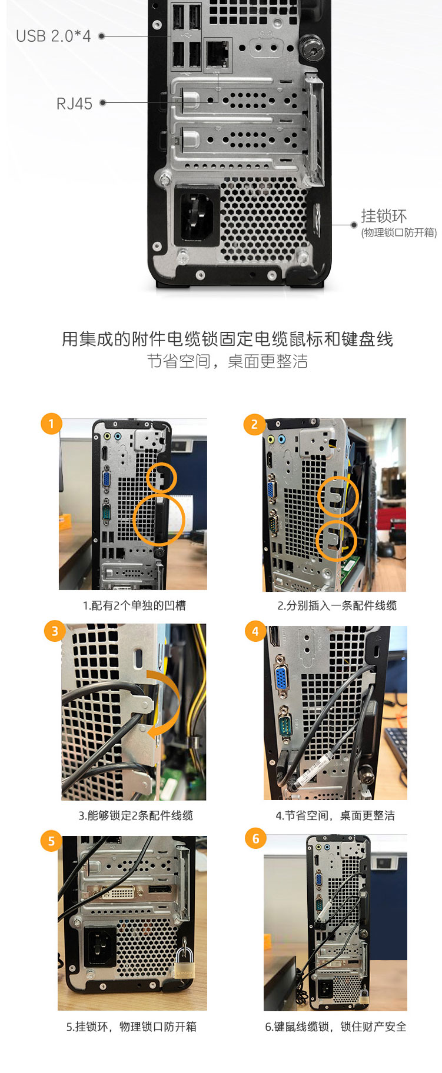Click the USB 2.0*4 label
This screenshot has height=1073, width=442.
pos(54,36)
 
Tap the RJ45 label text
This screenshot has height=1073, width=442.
pos(74,104)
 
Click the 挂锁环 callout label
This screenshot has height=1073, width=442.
pos(384,215)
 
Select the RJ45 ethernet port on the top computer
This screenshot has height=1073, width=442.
pos(218,54)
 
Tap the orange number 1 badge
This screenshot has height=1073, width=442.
pos(51,424)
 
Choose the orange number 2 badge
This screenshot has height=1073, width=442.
pos(254,424)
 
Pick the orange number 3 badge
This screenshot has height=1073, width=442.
pos(55,631)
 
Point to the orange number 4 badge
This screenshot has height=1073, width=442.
pos(255,631)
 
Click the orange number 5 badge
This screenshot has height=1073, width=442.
pos(51,841)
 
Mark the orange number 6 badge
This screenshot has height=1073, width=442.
pos(255,839)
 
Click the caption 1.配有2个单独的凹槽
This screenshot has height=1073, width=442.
pos(134,605)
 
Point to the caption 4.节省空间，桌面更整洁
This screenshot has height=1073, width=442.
pos(335,815)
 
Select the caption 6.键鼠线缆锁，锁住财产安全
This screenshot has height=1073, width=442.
pos(335,1027)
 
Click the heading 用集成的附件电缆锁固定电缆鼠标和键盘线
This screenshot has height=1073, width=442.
pos(227,339)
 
